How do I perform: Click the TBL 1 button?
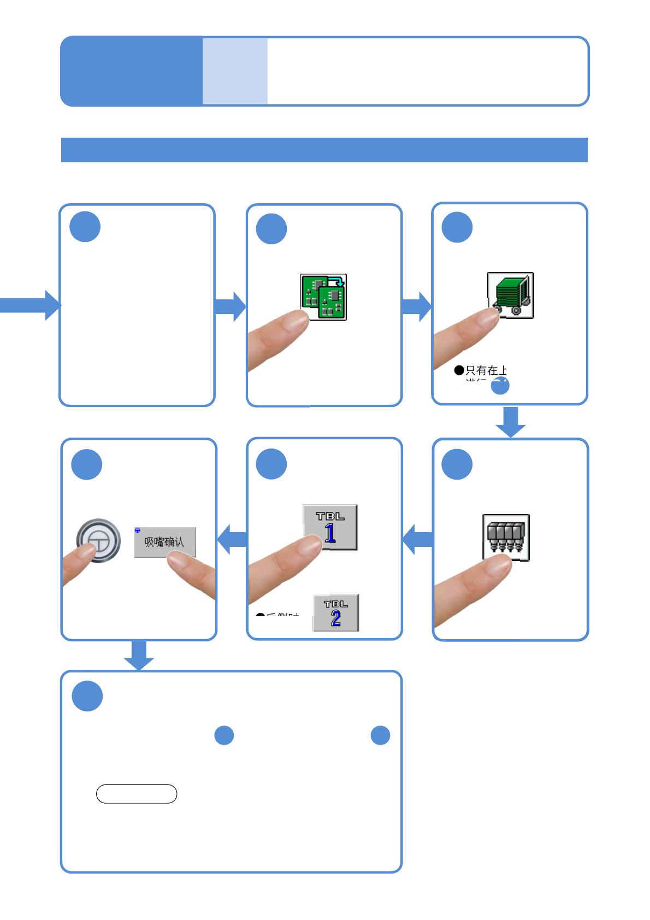tap(330, 527)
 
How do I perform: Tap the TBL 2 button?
tap(335, 613)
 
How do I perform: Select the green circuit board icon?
tap(323, 297)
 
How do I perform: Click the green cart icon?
tap(510, 295)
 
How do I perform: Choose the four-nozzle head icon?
tap(506, 537)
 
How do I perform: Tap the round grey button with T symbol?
tap(98, 540)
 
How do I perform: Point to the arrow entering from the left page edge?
tap(30, 305)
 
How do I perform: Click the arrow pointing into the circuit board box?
tap(231, 306)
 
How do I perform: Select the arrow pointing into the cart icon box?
tap(417, 306)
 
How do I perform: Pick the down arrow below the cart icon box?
tap(511, 422)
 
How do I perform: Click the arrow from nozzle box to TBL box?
tap(418, 539)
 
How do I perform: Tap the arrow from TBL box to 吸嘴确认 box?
tap(232, 539)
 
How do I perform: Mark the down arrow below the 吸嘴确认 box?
tap(139, 654)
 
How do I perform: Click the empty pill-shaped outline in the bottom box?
tap(137, 794)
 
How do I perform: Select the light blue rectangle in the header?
tap(235, 71)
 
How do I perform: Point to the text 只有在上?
tap(486, 370)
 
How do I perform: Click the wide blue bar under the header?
tap(324, 150)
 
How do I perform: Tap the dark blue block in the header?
tap(132, 71)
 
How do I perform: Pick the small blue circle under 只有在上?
tap(500, 386)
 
